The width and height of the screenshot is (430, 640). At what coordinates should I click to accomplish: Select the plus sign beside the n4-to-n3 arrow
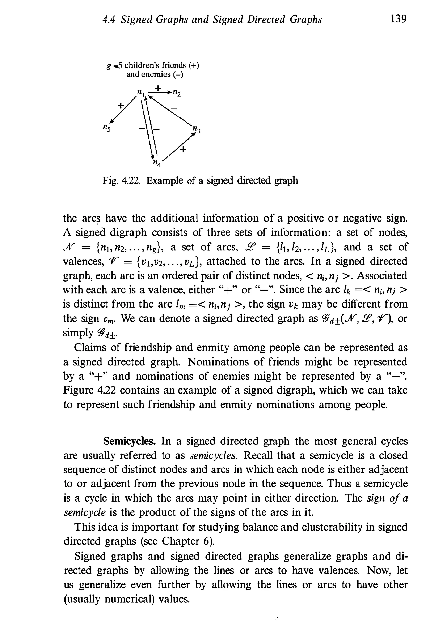[183, 149]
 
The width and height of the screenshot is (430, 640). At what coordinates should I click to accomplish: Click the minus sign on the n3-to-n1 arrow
[174, 109]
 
